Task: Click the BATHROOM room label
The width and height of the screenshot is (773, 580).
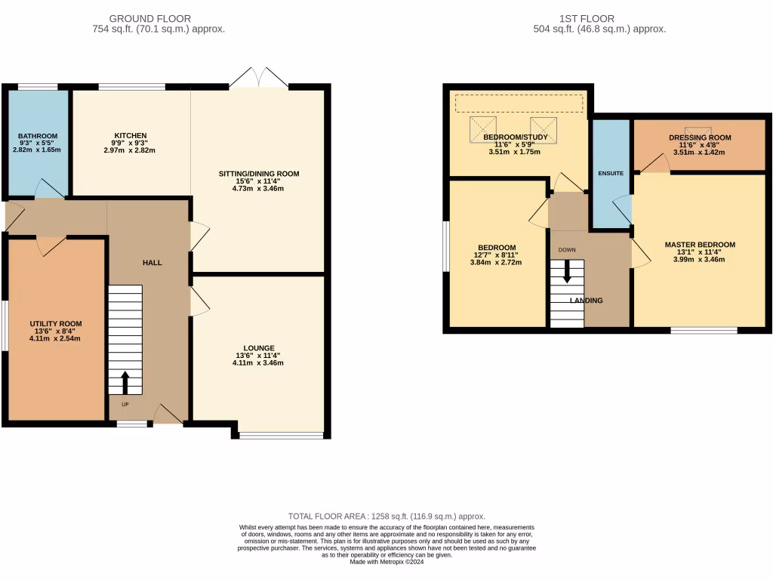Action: (x=38, y=136)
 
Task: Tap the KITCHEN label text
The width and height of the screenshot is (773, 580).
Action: (x=130, y=136)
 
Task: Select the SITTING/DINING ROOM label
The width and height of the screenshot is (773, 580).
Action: (x=259, y=174)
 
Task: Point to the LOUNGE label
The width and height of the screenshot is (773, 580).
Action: (x=258, y=348)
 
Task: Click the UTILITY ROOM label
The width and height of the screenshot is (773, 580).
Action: (x=56, y=323)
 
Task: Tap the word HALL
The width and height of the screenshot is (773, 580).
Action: (x=152, y=262)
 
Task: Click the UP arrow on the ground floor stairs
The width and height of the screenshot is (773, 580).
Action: (x=125, y=382)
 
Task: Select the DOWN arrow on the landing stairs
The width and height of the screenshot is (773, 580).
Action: (x=567, y=271)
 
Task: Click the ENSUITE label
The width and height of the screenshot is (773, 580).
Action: (x=611, y=174)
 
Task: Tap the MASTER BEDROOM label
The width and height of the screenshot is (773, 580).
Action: (x=700, y=245)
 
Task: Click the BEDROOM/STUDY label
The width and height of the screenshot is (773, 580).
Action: (x=516, y=137)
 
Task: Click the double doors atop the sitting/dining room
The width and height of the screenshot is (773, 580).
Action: (x=258, y=77)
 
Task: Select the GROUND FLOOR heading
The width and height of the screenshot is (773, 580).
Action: (x=150, y=18)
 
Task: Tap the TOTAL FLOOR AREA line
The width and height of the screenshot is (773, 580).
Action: (x=386, y=516)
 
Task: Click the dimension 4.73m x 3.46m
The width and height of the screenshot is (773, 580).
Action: (x=259, y=189)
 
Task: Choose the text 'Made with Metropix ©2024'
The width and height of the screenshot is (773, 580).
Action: (x=386, y=561)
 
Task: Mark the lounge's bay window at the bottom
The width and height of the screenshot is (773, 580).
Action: (x=282, y=435)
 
